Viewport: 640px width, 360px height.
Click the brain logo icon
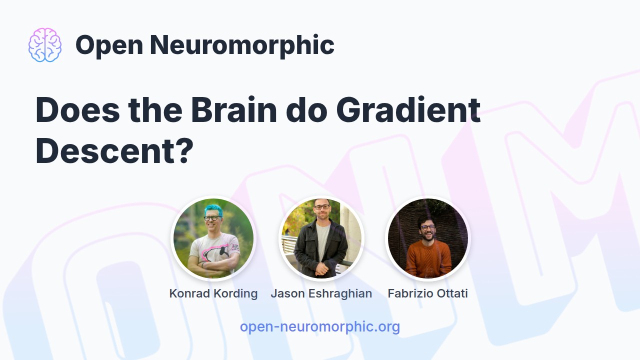[45, 45]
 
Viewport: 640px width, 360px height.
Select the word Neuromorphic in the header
[242, 45]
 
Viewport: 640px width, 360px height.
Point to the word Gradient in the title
[408, 110]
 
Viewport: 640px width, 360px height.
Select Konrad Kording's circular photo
[213, 238]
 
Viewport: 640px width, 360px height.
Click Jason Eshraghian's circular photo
[321, 238]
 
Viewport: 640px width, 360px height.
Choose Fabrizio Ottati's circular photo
[428, 238]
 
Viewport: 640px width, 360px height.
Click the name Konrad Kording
[213, 293]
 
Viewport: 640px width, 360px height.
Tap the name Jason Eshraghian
[321, 293]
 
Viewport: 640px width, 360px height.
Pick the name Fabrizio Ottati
[428, 293]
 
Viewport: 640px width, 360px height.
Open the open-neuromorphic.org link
[320, 327]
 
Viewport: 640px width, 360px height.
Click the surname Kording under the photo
[235, 293]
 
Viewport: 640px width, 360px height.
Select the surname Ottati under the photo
[451, 293]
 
